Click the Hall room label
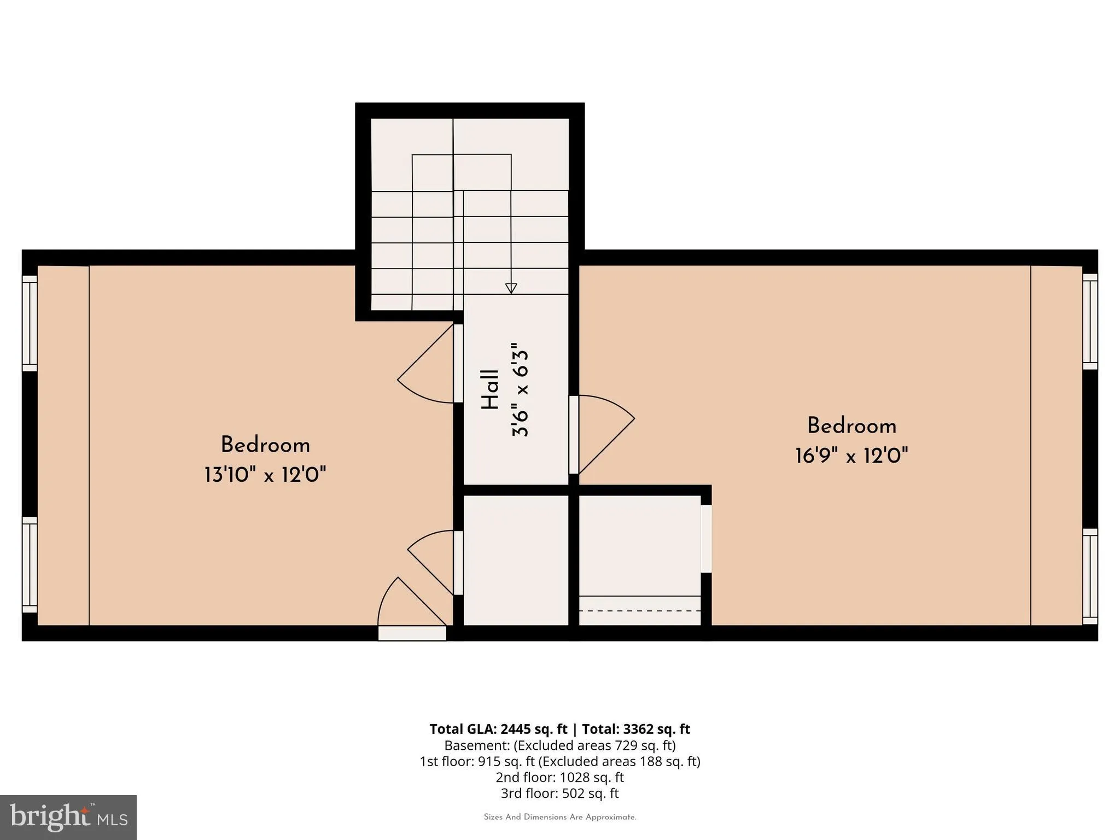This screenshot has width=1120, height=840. click(x=490, y=390)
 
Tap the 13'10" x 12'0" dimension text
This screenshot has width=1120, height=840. click(x=265, y=474)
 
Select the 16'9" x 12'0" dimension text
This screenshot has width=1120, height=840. click(x=851, y=455)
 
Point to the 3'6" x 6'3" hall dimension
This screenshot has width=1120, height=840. click(x=520, y=390)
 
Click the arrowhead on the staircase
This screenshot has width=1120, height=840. click(x=511, y=288)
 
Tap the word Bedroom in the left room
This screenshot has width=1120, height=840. click(x=265, y=445)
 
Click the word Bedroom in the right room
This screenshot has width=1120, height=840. click(x=851, y=425)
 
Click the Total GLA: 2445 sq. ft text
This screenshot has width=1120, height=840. click(x=498, y=729)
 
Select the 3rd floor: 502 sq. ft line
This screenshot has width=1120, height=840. click(x=559, y=793)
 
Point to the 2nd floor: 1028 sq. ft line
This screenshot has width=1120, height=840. click(x=559, y=777)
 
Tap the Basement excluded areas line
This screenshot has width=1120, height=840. click(x=559, y=745)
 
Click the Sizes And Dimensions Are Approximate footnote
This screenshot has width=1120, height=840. click(x=560, y=817)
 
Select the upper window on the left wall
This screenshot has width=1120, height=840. click(x=30, y=323)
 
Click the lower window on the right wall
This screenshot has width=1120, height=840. click(x=1090, y=576)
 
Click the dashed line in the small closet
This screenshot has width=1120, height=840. click(x=640, y=610)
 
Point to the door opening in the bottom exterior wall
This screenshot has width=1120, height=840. click(x=412, y=633)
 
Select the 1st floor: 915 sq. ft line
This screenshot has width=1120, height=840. click(x=559, y=761)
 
